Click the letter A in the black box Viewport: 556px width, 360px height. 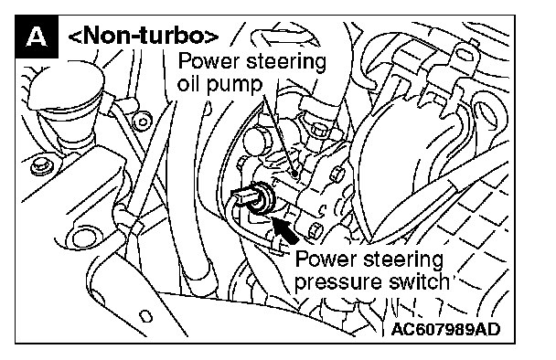tap(37, 37)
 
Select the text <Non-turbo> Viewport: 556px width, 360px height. tap(143, 36)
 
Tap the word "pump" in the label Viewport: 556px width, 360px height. tap(234, 85)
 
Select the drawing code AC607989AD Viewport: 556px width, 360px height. tap(445, 329)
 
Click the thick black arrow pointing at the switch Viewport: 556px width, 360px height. tap(286, 230)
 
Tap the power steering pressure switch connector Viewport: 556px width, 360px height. tap(253, 197)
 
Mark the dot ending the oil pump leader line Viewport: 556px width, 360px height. tap(294, 174)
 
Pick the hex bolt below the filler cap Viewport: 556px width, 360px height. tap(39, 165)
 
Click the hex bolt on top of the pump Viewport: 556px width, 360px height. tap(319, 130)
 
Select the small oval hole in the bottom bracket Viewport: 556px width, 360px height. tap(145, 316)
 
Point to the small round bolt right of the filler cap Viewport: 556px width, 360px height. tap(143, 122)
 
